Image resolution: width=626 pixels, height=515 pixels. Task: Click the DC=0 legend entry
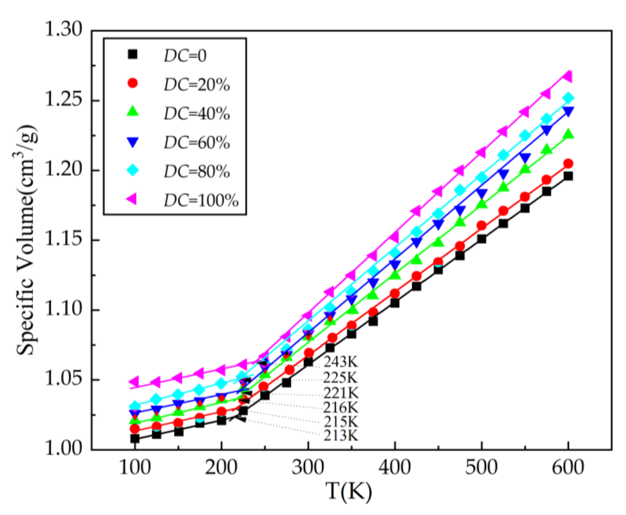(185, 56)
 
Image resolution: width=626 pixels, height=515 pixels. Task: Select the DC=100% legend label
(201, 201)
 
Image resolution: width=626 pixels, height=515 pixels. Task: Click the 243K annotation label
(341, 362)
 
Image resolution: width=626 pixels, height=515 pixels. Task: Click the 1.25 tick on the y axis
(63, 100)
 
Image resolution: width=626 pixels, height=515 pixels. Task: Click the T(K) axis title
(349, 492)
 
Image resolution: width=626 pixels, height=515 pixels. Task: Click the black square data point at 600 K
(568, 176)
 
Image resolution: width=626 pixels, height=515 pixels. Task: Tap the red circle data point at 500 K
(481, 226)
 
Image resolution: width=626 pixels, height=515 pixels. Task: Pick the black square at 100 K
(135, 438)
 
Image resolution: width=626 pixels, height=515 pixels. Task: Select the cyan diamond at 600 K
(568, 98)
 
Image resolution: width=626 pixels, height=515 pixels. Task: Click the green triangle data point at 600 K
(568, 134)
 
